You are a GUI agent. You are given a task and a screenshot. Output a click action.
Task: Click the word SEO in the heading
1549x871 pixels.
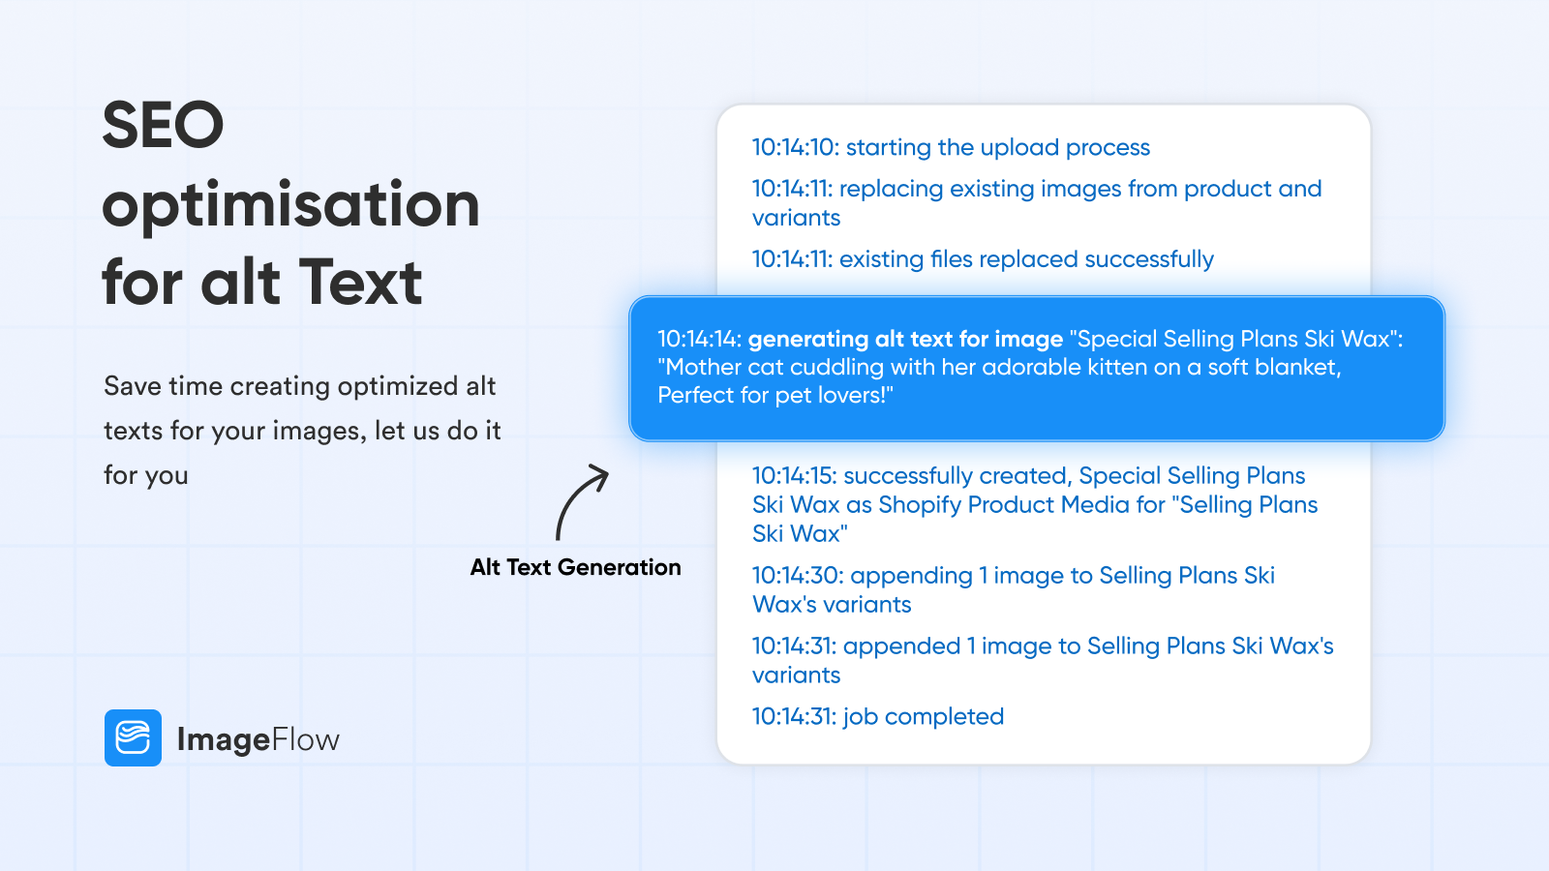point(163,126)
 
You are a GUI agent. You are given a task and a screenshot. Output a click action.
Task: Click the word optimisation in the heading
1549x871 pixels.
point(290,205)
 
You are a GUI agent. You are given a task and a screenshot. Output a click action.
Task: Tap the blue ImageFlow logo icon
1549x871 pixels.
point(133,737)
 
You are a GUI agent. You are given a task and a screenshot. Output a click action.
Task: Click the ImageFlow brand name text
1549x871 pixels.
point(258,739)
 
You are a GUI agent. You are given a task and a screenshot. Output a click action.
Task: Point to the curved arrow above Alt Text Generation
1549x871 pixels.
point(580,500)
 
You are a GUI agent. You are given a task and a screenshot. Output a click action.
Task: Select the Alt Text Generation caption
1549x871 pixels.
point(575,567)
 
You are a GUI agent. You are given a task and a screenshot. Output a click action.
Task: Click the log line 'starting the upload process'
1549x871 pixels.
point(997,147)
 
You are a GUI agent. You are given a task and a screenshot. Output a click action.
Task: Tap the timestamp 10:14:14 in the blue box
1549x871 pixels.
point(699,339)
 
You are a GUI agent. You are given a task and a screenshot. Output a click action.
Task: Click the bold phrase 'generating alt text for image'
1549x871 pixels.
point(905,339)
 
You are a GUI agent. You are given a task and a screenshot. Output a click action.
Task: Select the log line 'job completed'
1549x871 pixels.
point(923,716)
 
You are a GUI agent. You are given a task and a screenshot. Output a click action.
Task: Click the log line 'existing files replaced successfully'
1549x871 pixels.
point(1026,259)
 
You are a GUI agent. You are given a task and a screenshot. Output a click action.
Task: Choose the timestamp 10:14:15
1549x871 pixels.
point(794,476)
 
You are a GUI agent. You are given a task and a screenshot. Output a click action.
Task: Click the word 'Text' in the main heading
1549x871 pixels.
point(360,283)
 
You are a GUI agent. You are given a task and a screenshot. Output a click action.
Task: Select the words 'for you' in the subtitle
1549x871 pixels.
point(146,475)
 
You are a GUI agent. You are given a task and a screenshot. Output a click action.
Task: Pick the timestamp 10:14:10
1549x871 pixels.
point(795,147)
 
